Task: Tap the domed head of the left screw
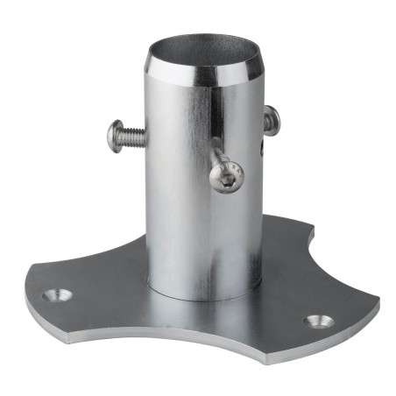[114, 137]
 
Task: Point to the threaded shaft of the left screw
[133, 134]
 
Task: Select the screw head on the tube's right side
[271, 119]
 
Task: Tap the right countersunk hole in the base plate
[317, 321]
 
